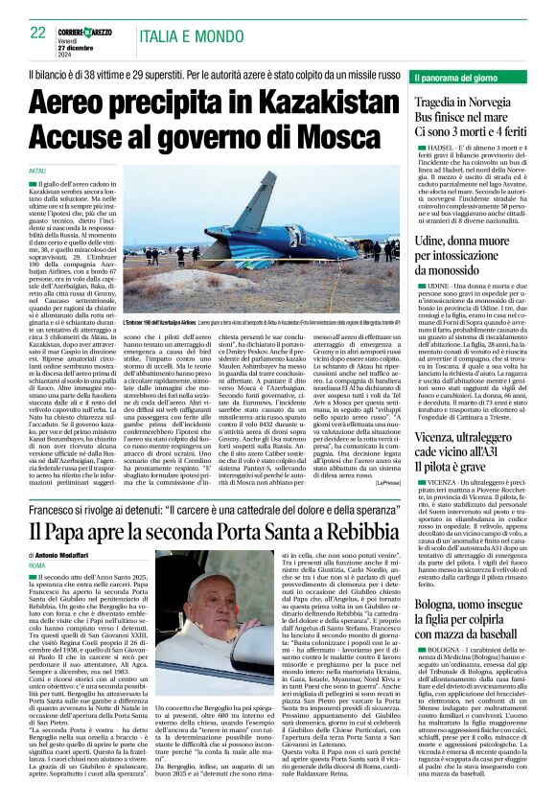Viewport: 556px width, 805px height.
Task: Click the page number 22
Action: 38,33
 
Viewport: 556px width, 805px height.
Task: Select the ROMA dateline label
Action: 37,566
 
